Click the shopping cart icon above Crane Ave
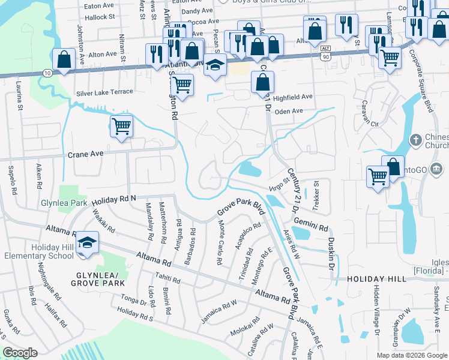tap(121, 127)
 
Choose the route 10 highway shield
tap(46, 73)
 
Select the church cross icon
tap(415, 140)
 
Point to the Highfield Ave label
tap(293, 97)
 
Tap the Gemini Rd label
tap(311, 225)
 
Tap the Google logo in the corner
tap(20, 353)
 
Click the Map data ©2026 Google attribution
tap(411, 355)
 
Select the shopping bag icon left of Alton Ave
tap(63, 59)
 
